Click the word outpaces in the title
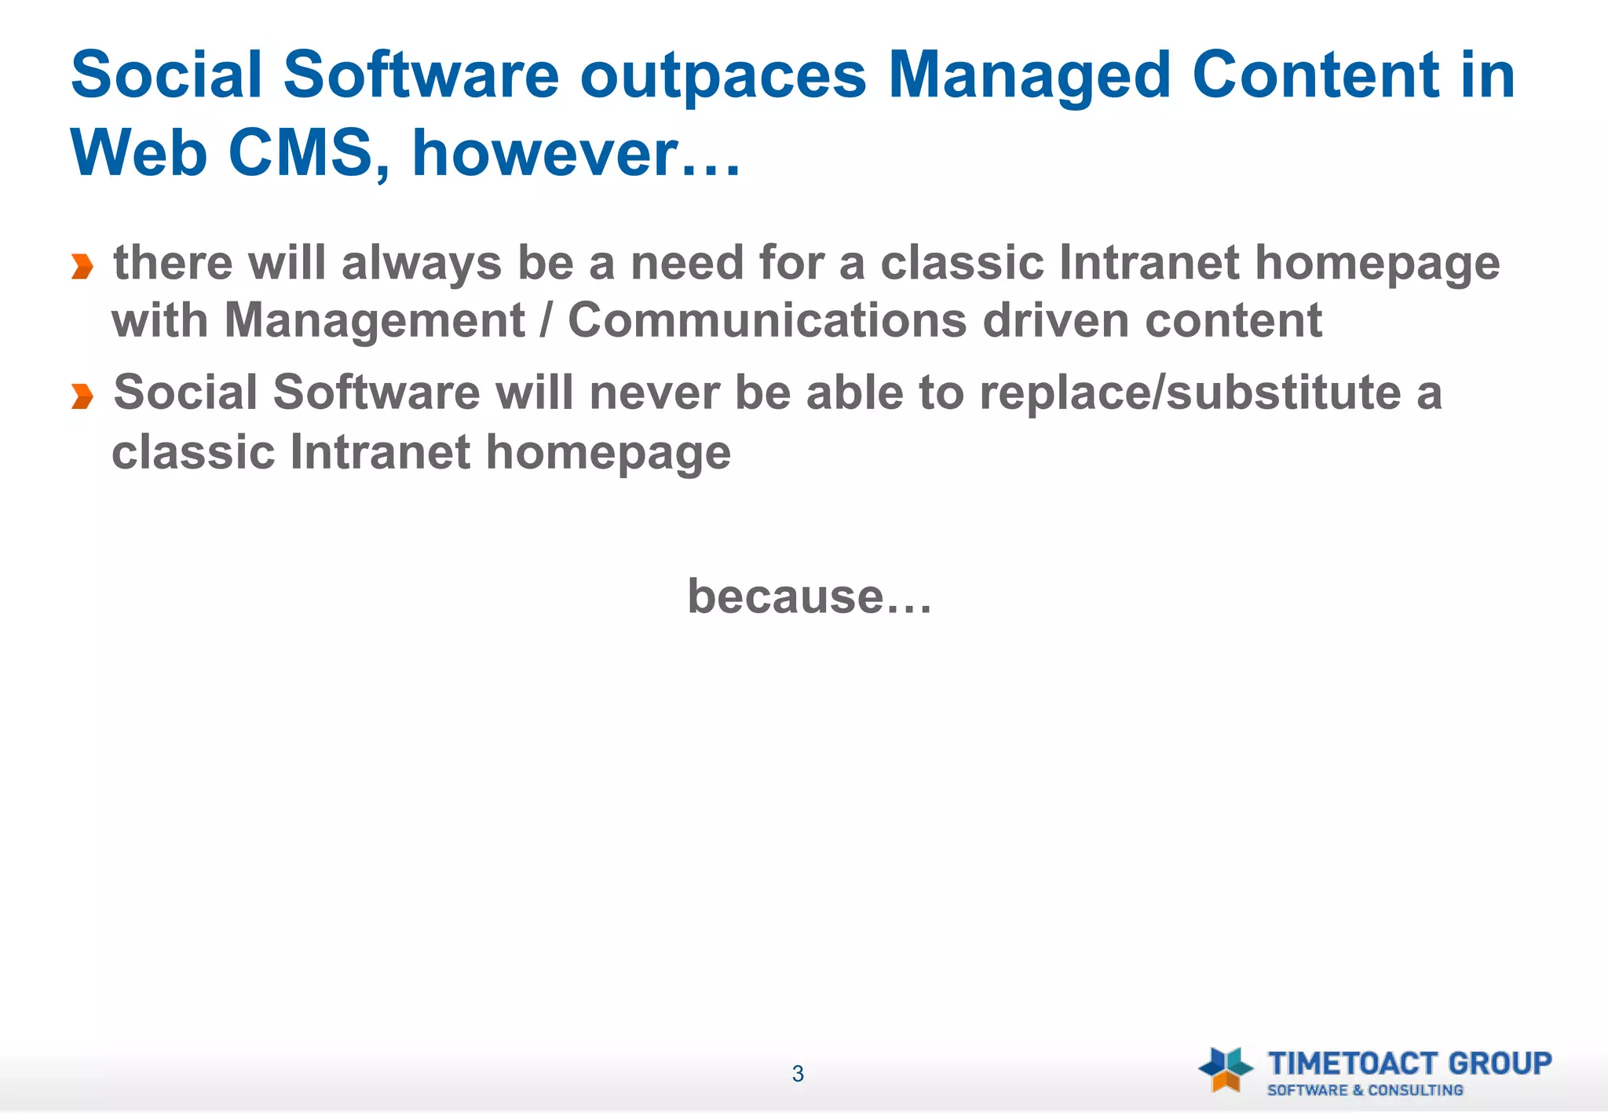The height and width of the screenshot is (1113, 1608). click(x=722, y=76)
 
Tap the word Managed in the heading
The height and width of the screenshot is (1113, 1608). click(x=1029, y=76)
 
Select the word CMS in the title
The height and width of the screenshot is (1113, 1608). click(x=299, y=153)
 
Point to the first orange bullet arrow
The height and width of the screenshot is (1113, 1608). click(x=82, y=267)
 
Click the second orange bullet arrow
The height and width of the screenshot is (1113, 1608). click(x=82, y=396)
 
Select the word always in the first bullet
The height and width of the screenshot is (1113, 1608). click(x=421, y=263)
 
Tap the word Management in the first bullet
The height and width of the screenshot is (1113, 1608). click(x=375, y=321)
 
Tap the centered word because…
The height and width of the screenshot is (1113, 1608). click(x=809, y=597)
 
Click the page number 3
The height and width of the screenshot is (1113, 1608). click(x=798, y=1074)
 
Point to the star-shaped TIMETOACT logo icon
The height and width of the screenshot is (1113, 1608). click(x=1226, y=1069)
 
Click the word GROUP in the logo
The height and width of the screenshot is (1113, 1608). click(x=1500, y=1064)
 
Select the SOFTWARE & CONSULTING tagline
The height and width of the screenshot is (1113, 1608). click(x=1365, y=1090)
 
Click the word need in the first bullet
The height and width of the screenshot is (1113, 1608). click(x=687, y=263)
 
